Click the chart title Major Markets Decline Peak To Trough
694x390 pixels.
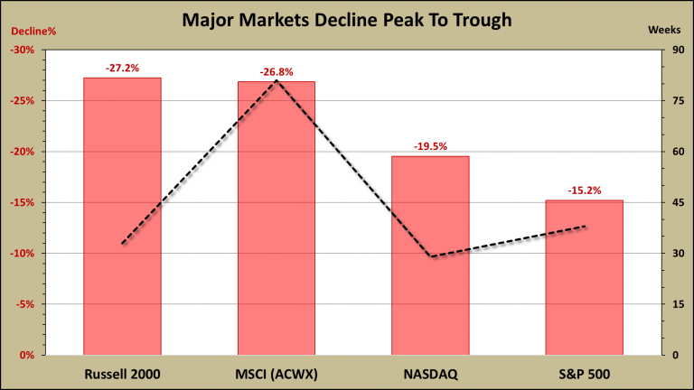(x=347, y=19)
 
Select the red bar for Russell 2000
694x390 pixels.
(x=122, y=217)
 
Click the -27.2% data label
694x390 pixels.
(x=122, y=68)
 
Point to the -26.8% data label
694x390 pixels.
(x=277, y=71)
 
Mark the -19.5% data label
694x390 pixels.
(x=430, y=146)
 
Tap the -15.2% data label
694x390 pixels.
(x=584, y=190)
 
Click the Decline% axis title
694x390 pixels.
(x=33, y=31)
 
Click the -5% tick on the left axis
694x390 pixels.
(x=24, y=304)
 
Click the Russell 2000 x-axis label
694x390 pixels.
(x=122, y=373)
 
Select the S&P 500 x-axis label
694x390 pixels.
(x=584, y=373)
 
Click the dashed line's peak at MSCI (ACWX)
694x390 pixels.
(x=277, y=80)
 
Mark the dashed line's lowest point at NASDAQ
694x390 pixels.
(x=432, y=257)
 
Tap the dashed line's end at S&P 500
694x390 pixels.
(x=586, y=227)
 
